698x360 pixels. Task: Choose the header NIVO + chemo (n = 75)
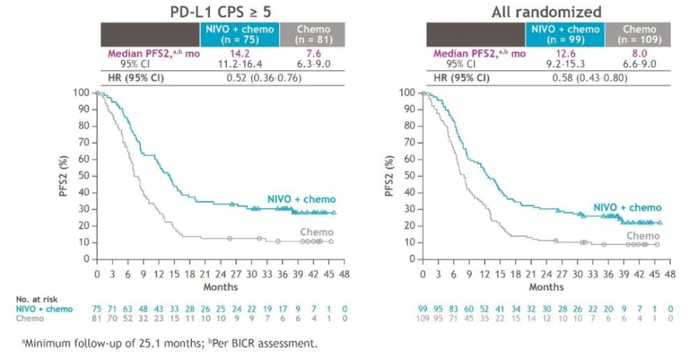pos(239,34)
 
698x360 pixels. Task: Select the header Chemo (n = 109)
pos(640,34)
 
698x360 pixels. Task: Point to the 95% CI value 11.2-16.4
pos(239,63)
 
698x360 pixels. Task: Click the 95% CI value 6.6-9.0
pos(640,63)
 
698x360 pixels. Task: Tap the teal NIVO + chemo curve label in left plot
pos(302,200)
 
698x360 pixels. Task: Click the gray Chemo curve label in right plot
pos(644,236)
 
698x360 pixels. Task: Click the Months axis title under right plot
pos(547,287)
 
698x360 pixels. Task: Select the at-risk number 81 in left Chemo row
pos(97,318)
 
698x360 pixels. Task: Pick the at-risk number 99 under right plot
pos(423,308)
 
